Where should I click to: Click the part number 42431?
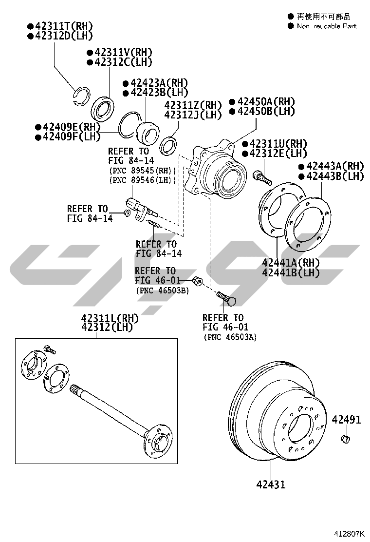(271, 484)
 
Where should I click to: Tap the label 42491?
(346, 420)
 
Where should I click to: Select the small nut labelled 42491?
(345, 439)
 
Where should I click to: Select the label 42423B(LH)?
(156, 93)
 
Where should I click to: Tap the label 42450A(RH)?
(262, 101)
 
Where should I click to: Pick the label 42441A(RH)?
(291, 263)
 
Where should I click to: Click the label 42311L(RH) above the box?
(110, 318)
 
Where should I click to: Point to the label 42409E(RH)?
(68, 127)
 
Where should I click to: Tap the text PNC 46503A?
(230, 337)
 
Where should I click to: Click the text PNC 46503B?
(163, 290)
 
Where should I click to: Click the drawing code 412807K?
(349, 533)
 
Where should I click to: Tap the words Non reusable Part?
(327, 26)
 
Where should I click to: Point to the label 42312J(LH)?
(193, 115)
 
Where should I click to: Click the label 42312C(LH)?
(119, 62)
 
